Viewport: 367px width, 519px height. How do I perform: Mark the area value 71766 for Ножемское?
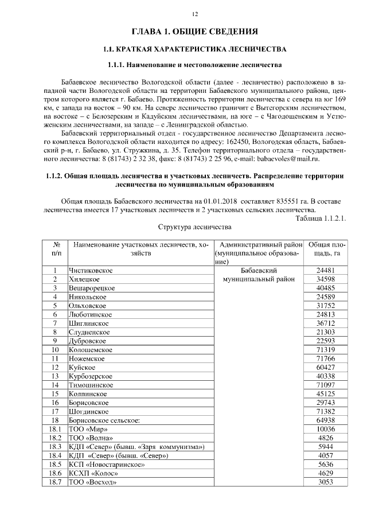coord(325,358)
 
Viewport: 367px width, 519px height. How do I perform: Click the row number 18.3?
coord(56,446)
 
